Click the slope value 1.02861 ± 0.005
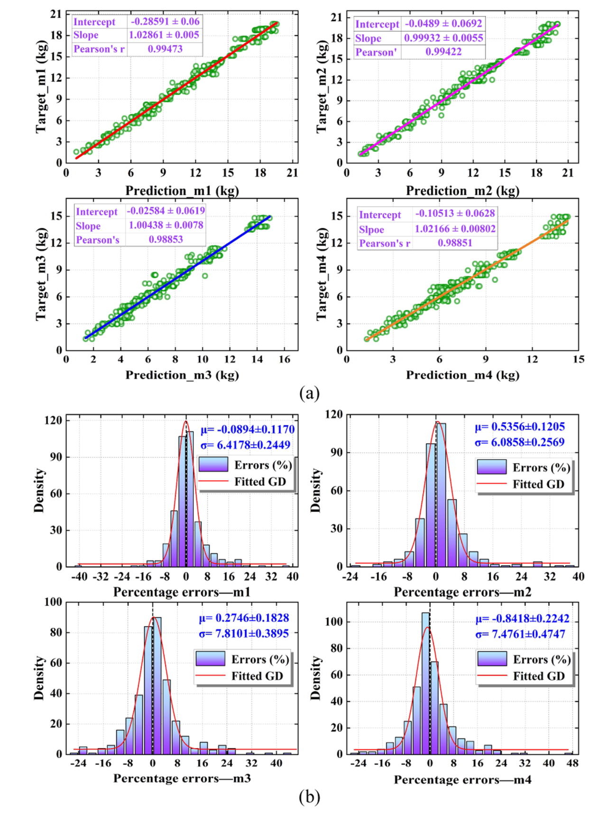pyautogui.click(x=164, y=35)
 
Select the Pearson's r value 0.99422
pyautogui.click(x=443, y=52)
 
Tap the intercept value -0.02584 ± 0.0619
pyautogui.click(x=166, y=211)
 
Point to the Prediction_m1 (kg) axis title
pyautogui.click(x=182, y=191)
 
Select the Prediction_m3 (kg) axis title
pyautogui.click(x=182, y=375)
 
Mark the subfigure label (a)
pyautogui.click(x=309, y=393)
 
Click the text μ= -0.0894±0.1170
pyautogui.click(x=248, y=429)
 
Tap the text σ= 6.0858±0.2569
pyautogui.click(x=520, y=442)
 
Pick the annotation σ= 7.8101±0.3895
pyautogui.click(x=244, y=633)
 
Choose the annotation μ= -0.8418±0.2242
pyautogui.click(x=522, y=619)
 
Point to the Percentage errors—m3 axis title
pyautogui.click(x=182, y=778)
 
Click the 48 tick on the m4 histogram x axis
pyautogui.click(x=572, y=763)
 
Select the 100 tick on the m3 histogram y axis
pyautogui.click(x=53, y=602)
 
